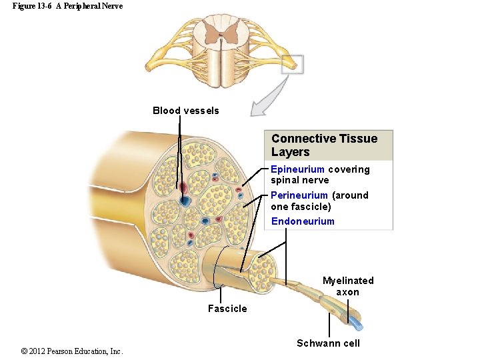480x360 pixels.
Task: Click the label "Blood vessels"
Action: [x=185, y=111]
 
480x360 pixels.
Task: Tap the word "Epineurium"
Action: [x=297, y=169]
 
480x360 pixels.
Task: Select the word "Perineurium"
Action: [x=299, y=195]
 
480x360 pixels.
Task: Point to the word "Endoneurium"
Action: [x=303, y=221]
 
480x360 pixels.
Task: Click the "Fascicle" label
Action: [x=227, y=309]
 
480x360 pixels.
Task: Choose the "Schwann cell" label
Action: [x=328, y=343]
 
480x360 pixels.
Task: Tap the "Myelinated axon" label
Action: [x=348, y=286]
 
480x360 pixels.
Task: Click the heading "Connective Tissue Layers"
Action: [x=324, y=145]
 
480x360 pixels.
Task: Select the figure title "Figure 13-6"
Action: [x=32, y=6]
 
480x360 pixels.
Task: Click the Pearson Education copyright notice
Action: [x=72, y=351]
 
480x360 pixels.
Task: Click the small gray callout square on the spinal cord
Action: [x=292, y=64]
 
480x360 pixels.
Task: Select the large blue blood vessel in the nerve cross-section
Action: [x=185, y=200]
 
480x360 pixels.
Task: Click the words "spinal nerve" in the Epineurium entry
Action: [x=299, y=180]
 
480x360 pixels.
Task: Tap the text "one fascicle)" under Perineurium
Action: [x=301, y=207]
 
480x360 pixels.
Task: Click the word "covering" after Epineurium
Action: [x=349, y=169]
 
